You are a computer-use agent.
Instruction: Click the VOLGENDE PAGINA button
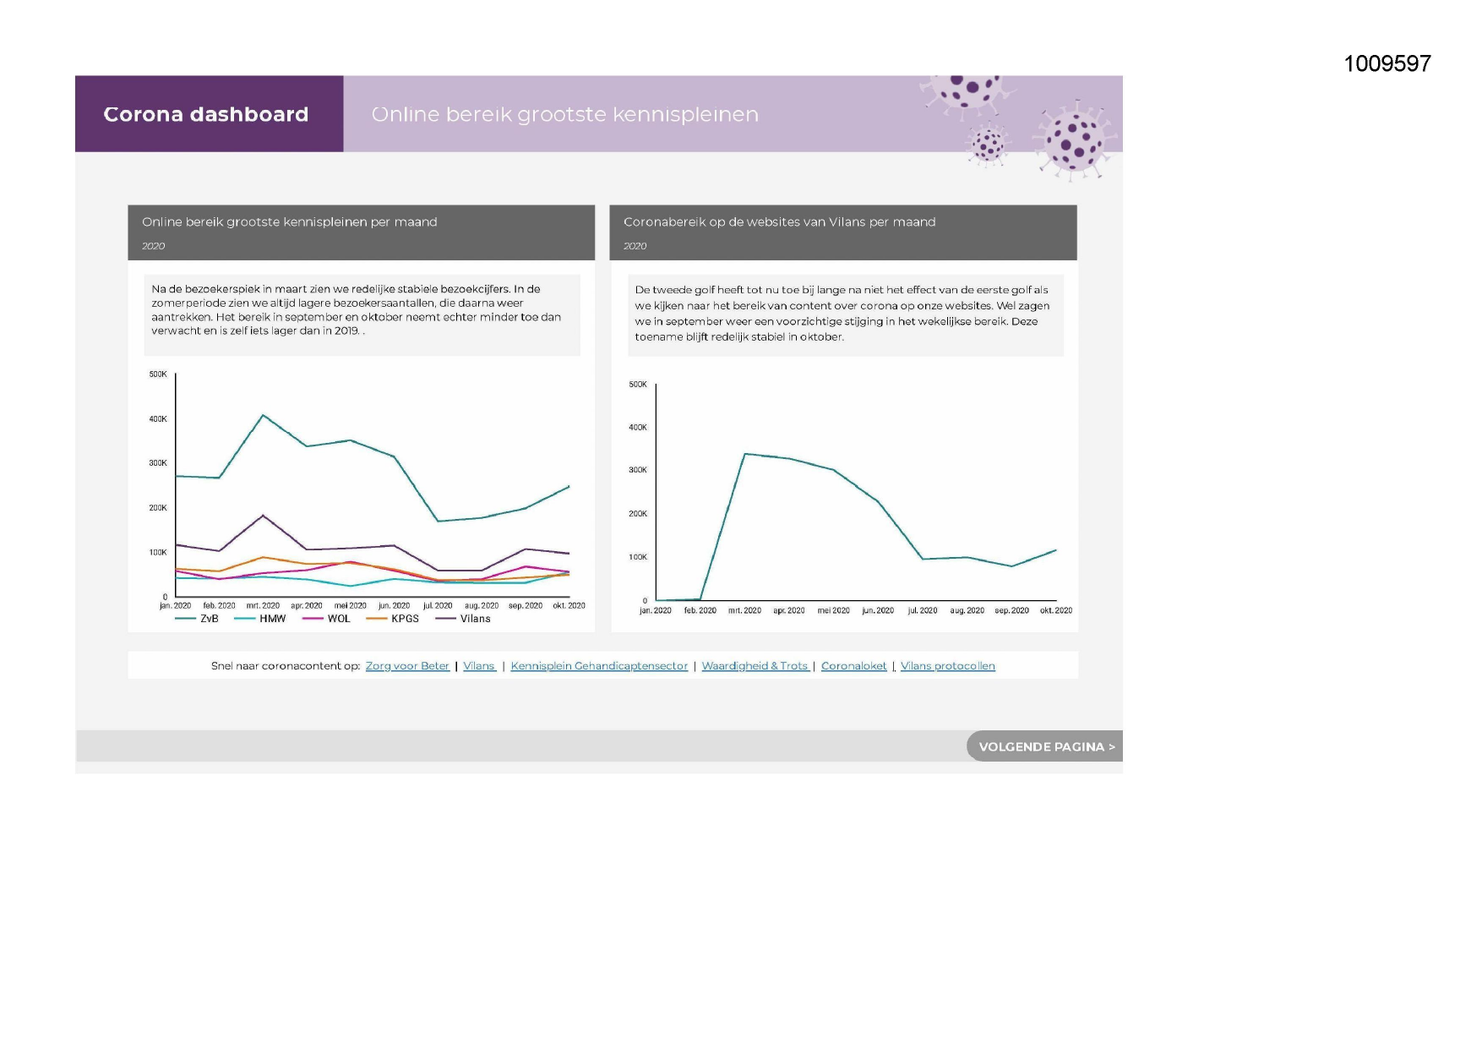pyautogui.click(x=1046, y=746)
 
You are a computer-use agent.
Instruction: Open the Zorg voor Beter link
pyautogui.click(x=407, y=666)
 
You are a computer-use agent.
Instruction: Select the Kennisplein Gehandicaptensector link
pyautogui.click(x=599, y=666)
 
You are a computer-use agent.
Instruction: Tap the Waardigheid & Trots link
pyautogui.click(x=755, y=666)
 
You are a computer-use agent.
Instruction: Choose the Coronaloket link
pyautogui.click(x=853, y=666)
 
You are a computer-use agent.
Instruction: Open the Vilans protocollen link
pyautogui.click(x=947, y=666)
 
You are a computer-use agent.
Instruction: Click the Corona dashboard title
pyautogui.click(x=206, y=114)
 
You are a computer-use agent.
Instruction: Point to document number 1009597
pyautogui.click(x=1387, y=63)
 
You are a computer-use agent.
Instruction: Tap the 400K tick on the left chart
pyautogui.click(x=158, y=419)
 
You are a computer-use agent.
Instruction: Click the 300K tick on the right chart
pyautogui.click(x=638, y=470)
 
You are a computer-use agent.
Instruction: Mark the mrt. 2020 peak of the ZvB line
pyautogui.click(x=264, y=415)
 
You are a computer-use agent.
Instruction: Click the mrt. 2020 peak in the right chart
pyautogui.click(x=744, y=454)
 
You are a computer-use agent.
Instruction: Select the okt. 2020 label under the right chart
pyautogui.click(x=1055, y=610)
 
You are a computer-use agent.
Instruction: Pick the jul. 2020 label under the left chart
pyautogui.click(x=438, y=606)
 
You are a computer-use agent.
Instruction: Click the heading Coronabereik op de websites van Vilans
pyautogui.click(x=779, y=222)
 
